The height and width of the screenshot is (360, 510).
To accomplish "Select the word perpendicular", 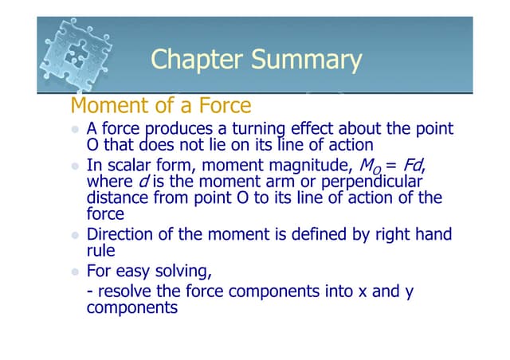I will [380, 182].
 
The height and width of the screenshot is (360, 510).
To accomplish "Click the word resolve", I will [124, 291].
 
